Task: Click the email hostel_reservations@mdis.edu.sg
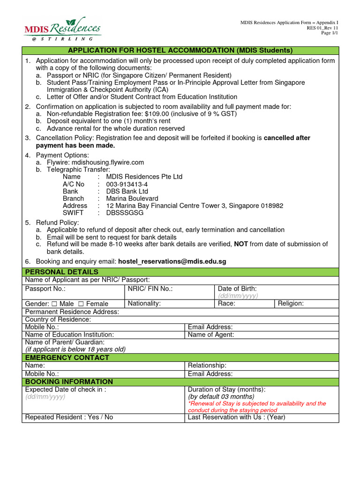click(x=172, y=262)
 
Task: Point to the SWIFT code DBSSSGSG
click(x=125, y=213)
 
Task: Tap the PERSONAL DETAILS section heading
click(x=62, y=272)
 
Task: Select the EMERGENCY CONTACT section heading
click(x=67, y=358)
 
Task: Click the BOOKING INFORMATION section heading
click(x=69, y=382)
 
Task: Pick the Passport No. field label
click(x=45, y=289)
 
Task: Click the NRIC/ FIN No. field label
click(x=150, y=289)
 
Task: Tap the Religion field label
click(x=291, y=303)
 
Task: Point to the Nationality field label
click(x=144, y=303)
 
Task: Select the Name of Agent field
click(x=211, y=335)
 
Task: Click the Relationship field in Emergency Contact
click(x=207, y=365)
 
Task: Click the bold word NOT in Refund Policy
click(x=241, y=244)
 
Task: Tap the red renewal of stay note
click(x=256, y=407)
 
